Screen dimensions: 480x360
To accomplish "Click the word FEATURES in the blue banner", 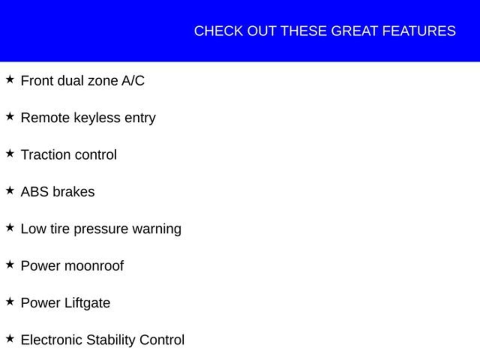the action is click(419, 31).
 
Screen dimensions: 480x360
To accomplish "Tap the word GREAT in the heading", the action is click(354, 31).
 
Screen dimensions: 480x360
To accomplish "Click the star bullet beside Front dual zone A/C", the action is click(10, 80).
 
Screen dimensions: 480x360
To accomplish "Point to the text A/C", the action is click(133, 81).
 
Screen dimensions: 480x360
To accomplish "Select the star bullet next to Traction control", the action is click(10, 153).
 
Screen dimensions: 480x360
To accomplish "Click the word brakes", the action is click(74, 192).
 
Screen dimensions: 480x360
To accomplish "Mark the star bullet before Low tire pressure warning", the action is click(10, 227).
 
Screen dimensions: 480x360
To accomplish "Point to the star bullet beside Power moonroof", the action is click(10, 264).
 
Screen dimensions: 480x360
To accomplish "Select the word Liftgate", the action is click(88, 303).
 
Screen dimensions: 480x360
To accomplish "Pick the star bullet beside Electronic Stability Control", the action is click(10, 338).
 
